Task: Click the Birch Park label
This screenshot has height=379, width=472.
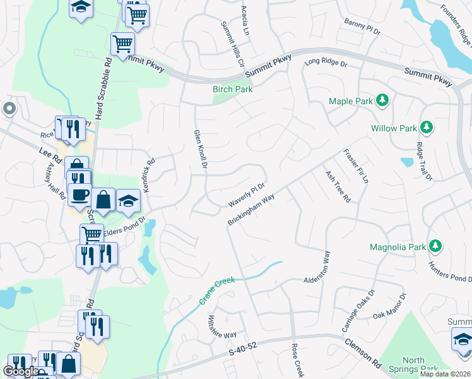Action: click(232, 90)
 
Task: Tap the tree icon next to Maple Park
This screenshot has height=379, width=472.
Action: click(381, 100)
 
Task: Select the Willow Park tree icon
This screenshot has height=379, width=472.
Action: click(427, 128)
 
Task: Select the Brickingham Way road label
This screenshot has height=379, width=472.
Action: click(251, 210)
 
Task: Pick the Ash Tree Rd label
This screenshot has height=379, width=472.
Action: click(337, 186)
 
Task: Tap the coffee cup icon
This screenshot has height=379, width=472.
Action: click(80, 195)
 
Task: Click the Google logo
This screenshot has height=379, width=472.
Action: click(21, 371)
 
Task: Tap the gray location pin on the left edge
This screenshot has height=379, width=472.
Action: click(8, 109)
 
